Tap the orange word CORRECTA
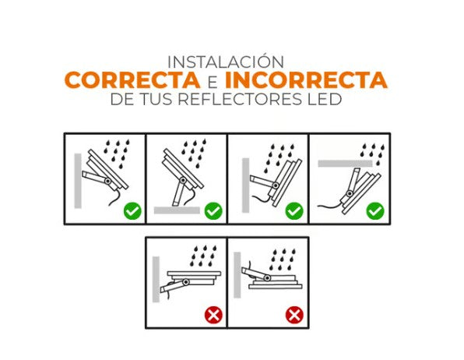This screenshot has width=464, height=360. pyautogui.click(x=131, y=80)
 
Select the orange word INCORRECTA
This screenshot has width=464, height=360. pyautogui.click(x=306, y=80)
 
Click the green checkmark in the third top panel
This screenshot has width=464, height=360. pyautogui.click(x=294, y=210)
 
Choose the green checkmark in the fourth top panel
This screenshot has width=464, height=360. pyautogui.click(x=375, y=210)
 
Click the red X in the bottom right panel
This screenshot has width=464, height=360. pyautogui.click(x=294, y=315)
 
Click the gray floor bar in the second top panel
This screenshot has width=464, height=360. pyautogui.click(x=177, y=210)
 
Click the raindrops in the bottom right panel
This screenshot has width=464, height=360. pyautogui.click(x=279, y=255)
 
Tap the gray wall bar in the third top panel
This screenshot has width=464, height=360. pyautogui.click(x=245, y=185)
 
